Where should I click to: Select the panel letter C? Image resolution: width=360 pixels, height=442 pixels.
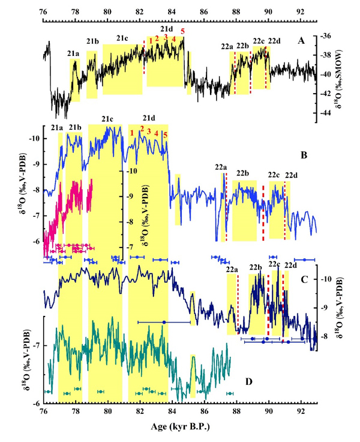[304, 279]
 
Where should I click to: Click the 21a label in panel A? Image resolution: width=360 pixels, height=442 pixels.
[72, 53]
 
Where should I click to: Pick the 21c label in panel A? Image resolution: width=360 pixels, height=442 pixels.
[122, 38]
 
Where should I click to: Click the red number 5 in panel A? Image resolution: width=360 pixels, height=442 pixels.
[182, 31]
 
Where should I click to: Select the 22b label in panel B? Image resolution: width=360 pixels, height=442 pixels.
[243, 174]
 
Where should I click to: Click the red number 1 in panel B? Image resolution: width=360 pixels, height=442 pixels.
[131, 132]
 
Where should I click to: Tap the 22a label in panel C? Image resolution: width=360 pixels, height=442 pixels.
[232, 270]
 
